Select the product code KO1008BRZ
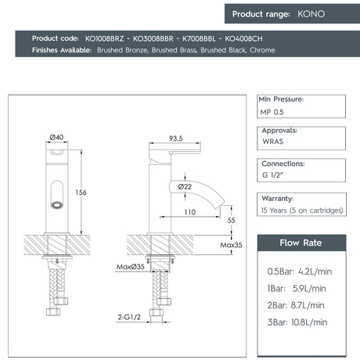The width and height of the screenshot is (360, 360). [x=106, y=38]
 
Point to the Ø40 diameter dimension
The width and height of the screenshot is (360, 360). [x=56, y=137]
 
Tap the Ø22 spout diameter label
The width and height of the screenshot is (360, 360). [x=185, y=186]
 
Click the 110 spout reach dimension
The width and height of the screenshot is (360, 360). [x=189, y=212]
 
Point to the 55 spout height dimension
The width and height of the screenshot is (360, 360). [x=232, y=221]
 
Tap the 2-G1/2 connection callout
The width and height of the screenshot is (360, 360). [x=130, y=319]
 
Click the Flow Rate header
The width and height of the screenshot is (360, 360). [x=301, y=243]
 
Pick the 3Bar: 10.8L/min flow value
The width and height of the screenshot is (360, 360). [x=301, y=322]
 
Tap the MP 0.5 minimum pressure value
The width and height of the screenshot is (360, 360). [x=272, y=112]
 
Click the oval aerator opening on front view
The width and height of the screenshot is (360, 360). [x=56, y=206]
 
